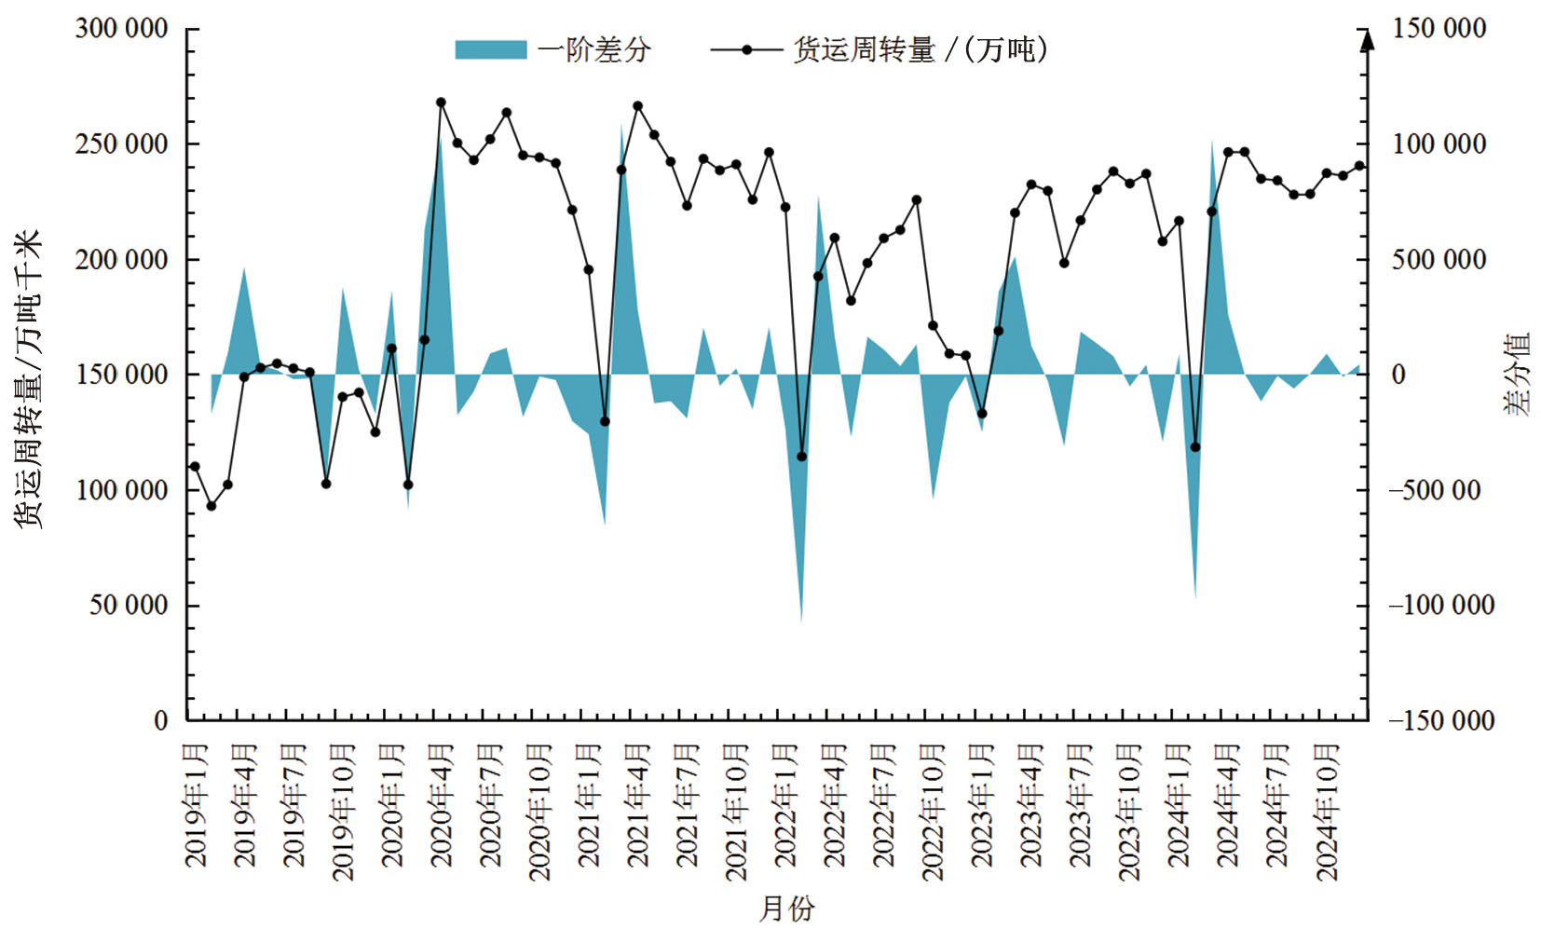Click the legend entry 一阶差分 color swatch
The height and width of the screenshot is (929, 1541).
(x=490, y=49)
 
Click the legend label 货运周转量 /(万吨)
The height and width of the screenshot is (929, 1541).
(x=920, y=49)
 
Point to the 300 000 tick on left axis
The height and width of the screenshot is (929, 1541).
(x=122, y=28)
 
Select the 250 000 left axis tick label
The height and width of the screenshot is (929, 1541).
(x=122, y=143)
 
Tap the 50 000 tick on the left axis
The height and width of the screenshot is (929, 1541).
(x=130, y=605)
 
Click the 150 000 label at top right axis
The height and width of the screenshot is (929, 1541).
(x=1439, y=28)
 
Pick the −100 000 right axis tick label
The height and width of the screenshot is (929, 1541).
(x=1440, y=605)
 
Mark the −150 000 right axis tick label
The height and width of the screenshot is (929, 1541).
(x=1440, y=720)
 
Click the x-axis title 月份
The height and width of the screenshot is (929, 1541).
(x=786, y=909)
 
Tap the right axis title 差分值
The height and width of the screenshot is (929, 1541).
(x=1518, y=374)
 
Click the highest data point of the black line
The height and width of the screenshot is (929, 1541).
(x=441, y=102)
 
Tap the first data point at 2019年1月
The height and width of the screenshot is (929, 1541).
(x=195, y=467)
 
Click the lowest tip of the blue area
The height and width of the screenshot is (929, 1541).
(x=801, y=622)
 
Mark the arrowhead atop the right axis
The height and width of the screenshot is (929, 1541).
(x=1367, y=40)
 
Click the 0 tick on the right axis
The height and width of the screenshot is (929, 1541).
(x=1398, y=375)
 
